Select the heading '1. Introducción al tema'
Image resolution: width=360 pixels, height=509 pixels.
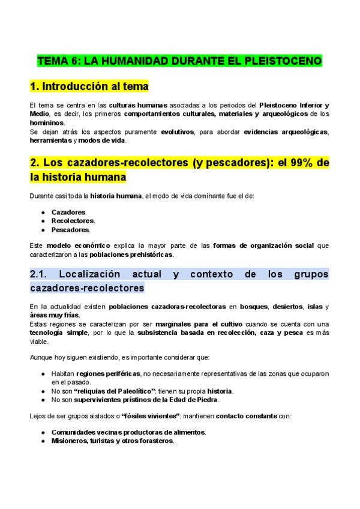point(89,86)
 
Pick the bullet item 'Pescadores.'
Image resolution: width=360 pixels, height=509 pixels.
point(71,229)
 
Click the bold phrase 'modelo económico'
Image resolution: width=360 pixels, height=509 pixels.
point(79,245)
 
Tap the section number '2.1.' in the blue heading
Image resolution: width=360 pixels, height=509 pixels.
point(41,274)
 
